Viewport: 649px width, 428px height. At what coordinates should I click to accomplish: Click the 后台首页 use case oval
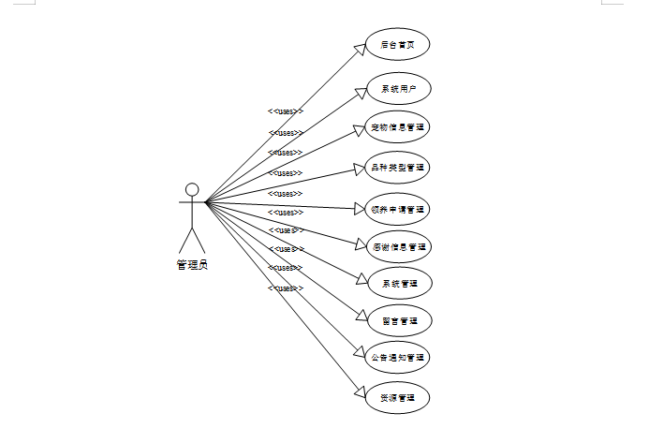(x=397, y=44)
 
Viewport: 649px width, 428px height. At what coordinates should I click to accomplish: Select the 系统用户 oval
(x=397, y=89)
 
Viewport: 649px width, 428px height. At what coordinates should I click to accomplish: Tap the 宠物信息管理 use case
(x=397, y=127)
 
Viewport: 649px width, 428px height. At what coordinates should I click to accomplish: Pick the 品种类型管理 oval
(x=397, y=168)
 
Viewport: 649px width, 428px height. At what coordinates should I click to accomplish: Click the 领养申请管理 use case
(x=397, y=208)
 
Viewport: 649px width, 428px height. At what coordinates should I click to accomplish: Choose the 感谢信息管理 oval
(x=397, y=247)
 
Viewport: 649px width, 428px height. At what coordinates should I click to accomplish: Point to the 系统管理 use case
(x=397, y=282)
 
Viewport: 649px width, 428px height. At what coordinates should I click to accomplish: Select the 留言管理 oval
(x=397, y=320)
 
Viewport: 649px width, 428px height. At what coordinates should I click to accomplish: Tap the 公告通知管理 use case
(x=397, y=357)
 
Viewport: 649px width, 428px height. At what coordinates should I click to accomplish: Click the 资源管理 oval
(x=397, y=398)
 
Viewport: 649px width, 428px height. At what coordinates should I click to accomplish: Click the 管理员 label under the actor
(x=192, y=265)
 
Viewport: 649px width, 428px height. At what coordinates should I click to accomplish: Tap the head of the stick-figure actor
(x=192, y=189)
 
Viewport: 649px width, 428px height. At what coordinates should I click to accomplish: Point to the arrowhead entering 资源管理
(x=359, y=391)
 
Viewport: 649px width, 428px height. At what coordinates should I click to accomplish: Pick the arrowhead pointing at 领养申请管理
(x=357, y=207)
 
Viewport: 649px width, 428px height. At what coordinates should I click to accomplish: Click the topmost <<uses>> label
(x=286, y=111)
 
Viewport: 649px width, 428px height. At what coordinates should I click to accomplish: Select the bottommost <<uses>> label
(x=286, y=288)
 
